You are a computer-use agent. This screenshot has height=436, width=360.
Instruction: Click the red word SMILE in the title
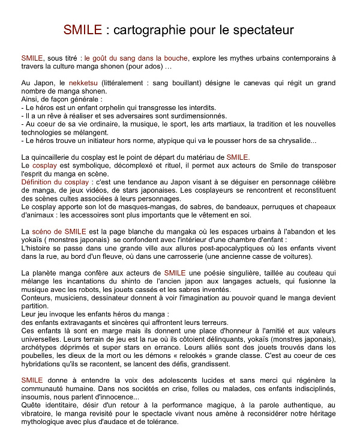(x=82, y=29)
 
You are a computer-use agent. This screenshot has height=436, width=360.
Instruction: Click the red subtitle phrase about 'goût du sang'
(x=136, y=58)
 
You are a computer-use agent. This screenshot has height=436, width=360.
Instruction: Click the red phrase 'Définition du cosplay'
(x=56, y=182)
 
